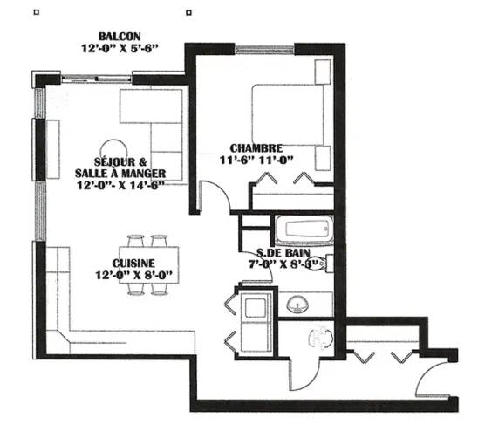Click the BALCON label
coord(120,37)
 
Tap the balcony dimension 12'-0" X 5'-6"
coord(120,49)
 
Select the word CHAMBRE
coord(256,148)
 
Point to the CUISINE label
coord(133,263)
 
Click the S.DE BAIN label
coord(283,253)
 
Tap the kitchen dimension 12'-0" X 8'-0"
coord(133,275)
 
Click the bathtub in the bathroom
coord(304,229)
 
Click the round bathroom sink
coord(297,305)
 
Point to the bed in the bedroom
coord(288,114)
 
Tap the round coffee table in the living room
coord(113,149)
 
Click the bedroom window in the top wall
coord(264,50)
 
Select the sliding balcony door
coord(97,79)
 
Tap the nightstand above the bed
coord(323,72)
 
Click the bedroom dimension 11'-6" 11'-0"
coord(256,160)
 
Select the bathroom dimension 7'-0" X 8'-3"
coord(283,264)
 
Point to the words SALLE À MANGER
coord(120,174)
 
